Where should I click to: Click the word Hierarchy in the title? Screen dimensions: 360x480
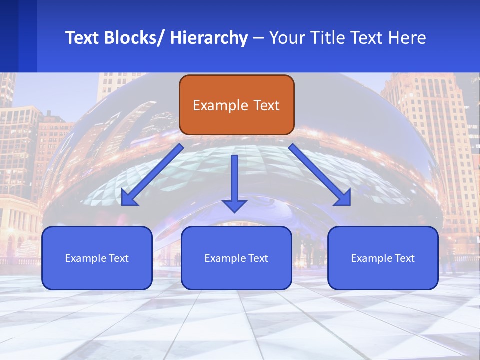[209, 38]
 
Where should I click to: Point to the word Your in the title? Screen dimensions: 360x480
[285, 38]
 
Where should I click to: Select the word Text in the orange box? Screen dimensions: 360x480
[266, 105]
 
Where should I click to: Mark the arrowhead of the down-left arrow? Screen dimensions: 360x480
[129, 198]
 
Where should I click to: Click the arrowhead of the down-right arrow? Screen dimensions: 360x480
[343, 198]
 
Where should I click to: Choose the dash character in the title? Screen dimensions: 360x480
[258, 38]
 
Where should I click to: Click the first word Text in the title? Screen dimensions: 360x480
[82, 38]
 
